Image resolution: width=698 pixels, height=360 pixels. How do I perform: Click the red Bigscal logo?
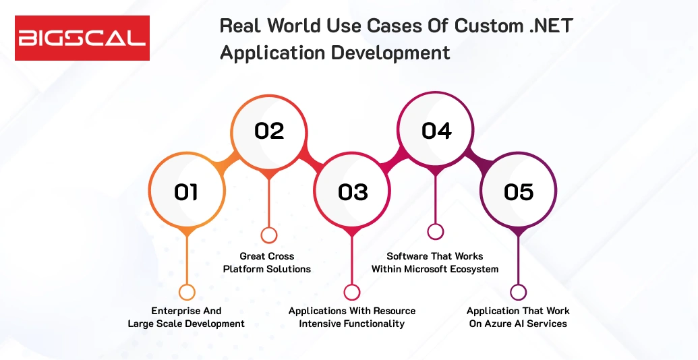(x=82, y=38)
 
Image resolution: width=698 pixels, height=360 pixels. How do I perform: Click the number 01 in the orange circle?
(x=186, y=192)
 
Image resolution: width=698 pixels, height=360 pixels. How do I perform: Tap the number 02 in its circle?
(x=269, y=131)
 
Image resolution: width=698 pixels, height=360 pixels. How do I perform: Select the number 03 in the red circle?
(x=353, y=192)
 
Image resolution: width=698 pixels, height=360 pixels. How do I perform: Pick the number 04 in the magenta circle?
(x=436, y=131)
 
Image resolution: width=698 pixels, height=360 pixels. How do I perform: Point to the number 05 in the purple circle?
(x=519, y=192)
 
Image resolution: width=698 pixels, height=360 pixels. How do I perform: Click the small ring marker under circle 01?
(x=187, y=292)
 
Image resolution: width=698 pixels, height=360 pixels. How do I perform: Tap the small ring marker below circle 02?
(x=269, y=235)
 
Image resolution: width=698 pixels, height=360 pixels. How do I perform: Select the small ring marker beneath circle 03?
(x=352, y=292)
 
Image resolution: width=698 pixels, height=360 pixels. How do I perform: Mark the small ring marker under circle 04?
(x=436, y=231)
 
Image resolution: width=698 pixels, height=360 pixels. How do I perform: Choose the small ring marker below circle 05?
(x=518, y=292)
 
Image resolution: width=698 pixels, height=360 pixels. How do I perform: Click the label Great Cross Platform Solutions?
(x=267, y=263)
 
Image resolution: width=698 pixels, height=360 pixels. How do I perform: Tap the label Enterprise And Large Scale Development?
(x=186, y=318)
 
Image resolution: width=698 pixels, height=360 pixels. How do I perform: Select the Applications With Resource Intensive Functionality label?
(x=352, y=318)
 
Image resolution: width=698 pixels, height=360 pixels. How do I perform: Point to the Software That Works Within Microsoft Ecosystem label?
(x=435, y=263)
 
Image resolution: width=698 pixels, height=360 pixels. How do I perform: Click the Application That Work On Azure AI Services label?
(x=518, y=318)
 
